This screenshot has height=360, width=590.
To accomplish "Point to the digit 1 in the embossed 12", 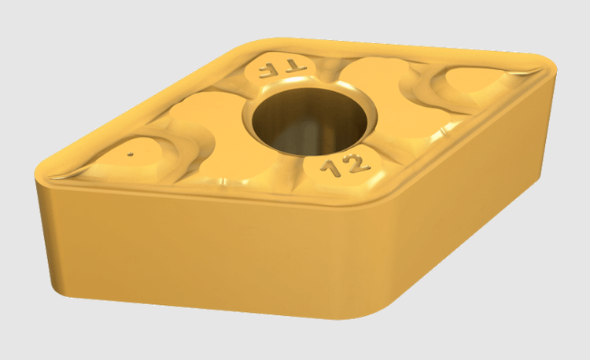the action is (332, 168).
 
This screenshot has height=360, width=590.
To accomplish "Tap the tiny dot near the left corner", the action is (131, 154).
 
